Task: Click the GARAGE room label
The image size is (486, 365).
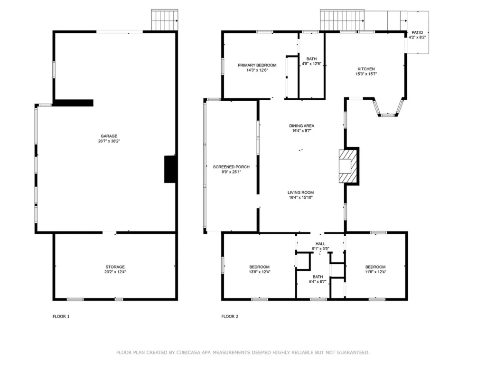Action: [x=109, y=136]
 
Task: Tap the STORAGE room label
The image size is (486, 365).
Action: [x=115, y=267]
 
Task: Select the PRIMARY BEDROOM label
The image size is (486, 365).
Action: [x=257, y=65]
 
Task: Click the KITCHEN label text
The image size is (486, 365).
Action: [x=366, y=69]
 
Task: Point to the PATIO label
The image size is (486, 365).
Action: [x=417, y=32]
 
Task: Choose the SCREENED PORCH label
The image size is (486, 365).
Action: [x=231, y=167]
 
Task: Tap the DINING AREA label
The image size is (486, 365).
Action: [x=301, y=125]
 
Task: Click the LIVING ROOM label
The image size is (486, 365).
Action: [x=300, y=192]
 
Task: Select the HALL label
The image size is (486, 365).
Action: [x=320, y=244]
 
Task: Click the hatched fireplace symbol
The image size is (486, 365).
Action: [x=348, y=166]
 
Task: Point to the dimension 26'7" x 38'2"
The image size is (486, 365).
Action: [x=109, y=141]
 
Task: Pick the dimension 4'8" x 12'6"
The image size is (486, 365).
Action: [x=311, y=64]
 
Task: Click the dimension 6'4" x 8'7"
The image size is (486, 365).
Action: [x=318, y=282]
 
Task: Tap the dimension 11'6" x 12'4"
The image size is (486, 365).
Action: [x=375, y=272]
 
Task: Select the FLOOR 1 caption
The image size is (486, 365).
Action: [x=61, y=317]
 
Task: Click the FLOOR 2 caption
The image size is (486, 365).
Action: [x=230, y=317]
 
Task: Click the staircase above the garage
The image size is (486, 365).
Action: [x=165, y=20]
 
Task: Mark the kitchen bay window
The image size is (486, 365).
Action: [x=388, y=107]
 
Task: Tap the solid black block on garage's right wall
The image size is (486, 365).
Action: [x=170, y=169]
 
